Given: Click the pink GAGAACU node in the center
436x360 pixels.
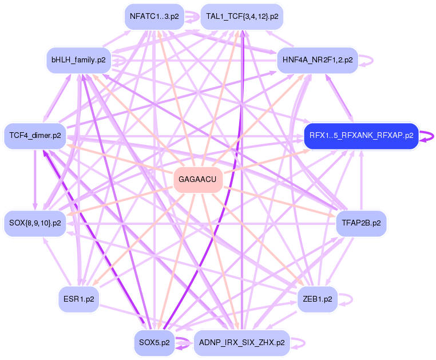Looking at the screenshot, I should [x=197, y=180].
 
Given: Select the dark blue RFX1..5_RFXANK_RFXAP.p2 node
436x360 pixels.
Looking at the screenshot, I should [x=361, y=136].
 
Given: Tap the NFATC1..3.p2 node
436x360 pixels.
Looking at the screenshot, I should [x=154, y=17].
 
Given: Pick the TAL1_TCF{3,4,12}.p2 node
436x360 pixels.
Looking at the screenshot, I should [x=242, y=17].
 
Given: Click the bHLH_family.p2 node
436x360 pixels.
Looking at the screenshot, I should [x=78, y=60].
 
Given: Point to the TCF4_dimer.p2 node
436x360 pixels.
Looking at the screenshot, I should [x=35, y=136].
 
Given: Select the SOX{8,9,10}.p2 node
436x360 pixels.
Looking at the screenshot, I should [x=35, y=223].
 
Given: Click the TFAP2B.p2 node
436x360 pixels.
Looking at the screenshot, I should [x=361, y=223].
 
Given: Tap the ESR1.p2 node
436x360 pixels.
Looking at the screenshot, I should [x=79, y=299].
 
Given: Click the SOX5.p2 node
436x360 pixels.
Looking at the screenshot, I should [x=154, y=343].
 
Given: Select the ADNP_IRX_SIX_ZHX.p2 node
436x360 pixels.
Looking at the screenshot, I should [x=242, y=343].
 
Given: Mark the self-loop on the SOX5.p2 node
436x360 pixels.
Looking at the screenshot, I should [x=185, y=343].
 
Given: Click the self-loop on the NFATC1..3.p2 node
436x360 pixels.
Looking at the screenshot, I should [x=195, y=17].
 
